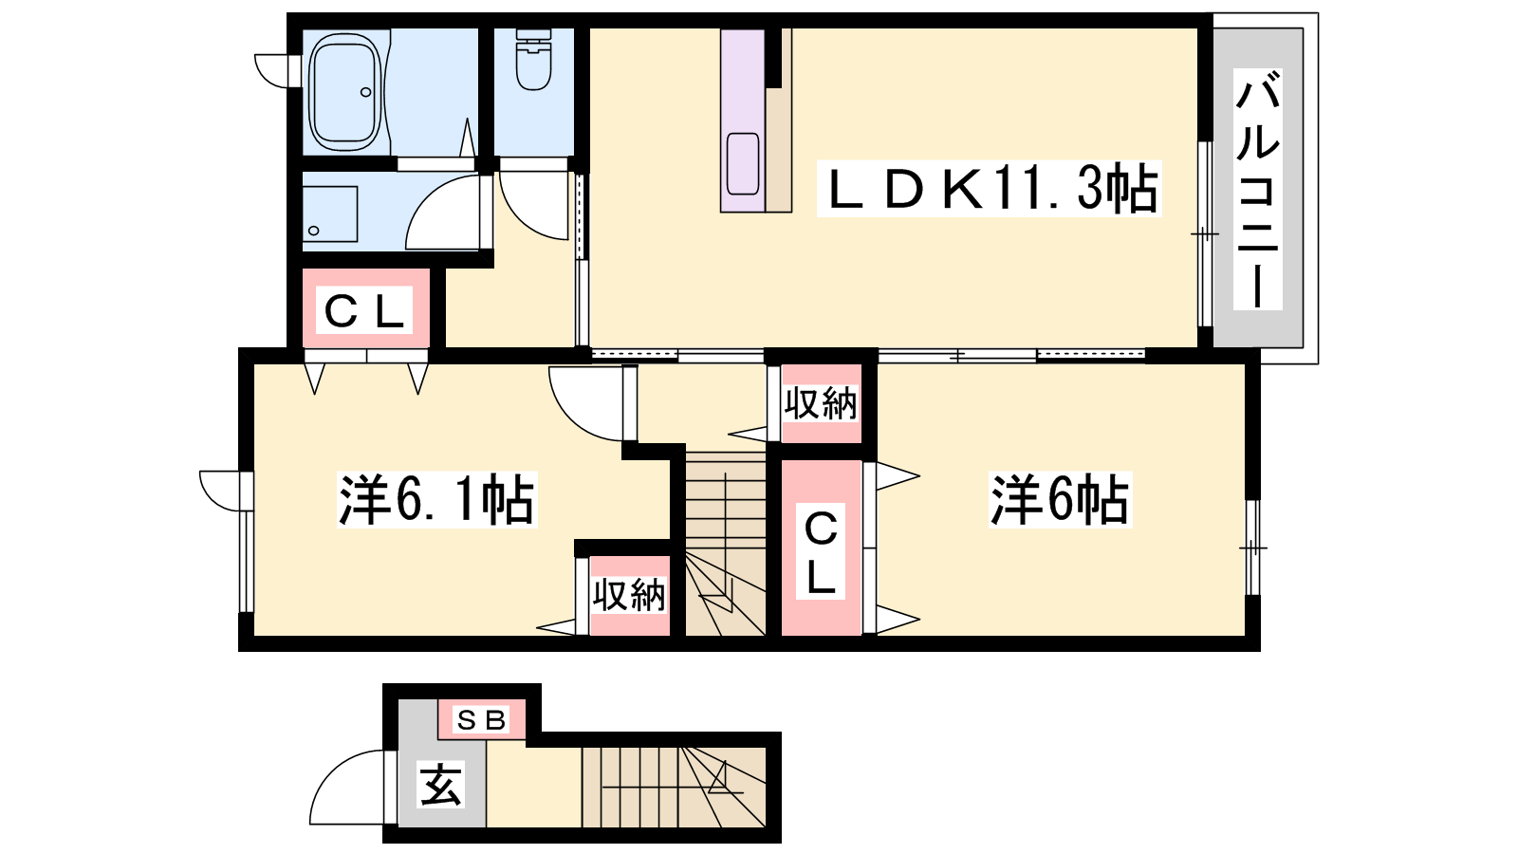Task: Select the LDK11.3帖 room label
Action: (x=989, y=189)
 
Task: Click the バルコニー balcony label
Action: (x=1258, y=189)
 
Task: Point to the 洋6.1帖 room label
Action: (x=437, y=500)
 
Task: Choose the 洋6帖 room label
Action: (x=1060, y=500)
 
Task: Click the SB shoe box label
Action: (x=482, y=720)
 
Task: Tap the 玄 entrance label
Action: (x=441, y=785)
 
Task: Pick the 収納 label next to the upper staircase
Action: (x=821, y=403)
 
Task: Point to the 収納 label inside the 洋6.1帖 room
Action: (x=629, y=595)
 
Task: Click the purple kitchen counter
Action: (x=743, y=120)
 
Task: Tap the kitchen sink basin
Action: (x=743, y=163)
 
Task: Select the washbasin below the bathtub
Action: (x=329, y=214)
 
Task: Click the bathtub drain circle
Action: (x=366, y=92)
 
